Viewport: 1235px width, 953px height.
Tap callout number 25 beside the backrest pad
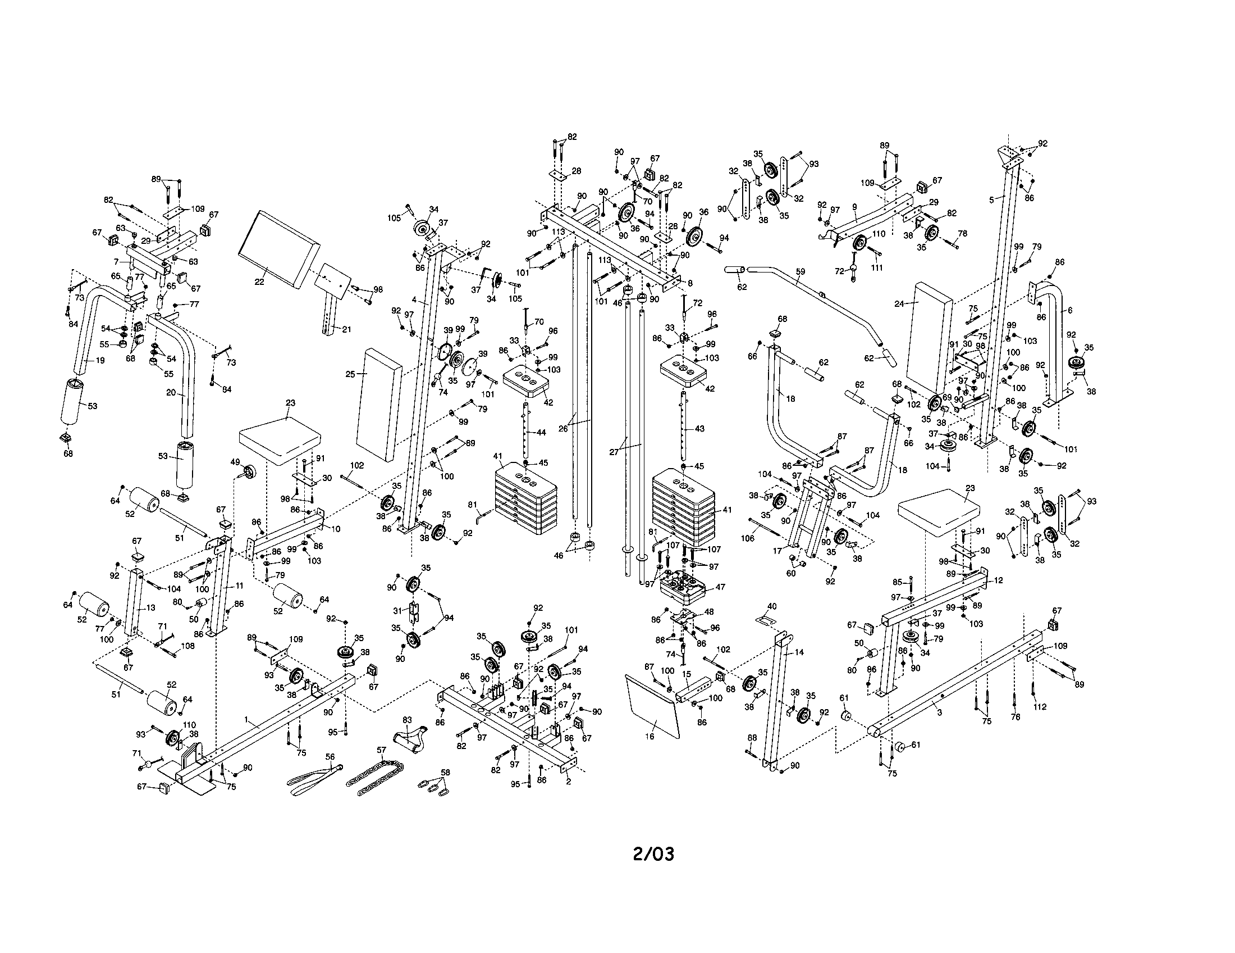(x=350, y=374)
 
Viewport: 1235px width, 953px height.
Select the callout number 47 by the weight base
(x=720, y=587)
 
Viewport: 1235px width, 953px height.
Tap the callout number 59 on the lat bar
(x=799, y=271)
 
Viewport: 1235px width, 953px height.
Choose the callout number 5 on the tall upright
(x=991, y=199)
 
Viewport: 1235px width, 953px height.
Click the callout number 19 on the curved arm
(x=100, y=360)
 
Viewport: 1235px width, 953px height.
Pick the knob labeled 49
(x=248, y=471)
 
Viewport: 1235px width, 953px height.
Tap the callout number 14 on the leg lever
(x=799, y=652)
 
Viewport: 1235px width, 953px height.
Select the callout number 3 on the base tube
(x=939, y=713)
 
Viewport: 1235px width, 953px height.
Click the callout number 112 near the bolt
(x=1039, y=706)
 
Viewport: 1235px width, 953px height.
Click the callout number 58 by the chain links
(x=445, y=773)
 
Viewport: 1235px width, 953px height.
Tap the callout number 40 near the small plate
(x=772, y=606)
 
